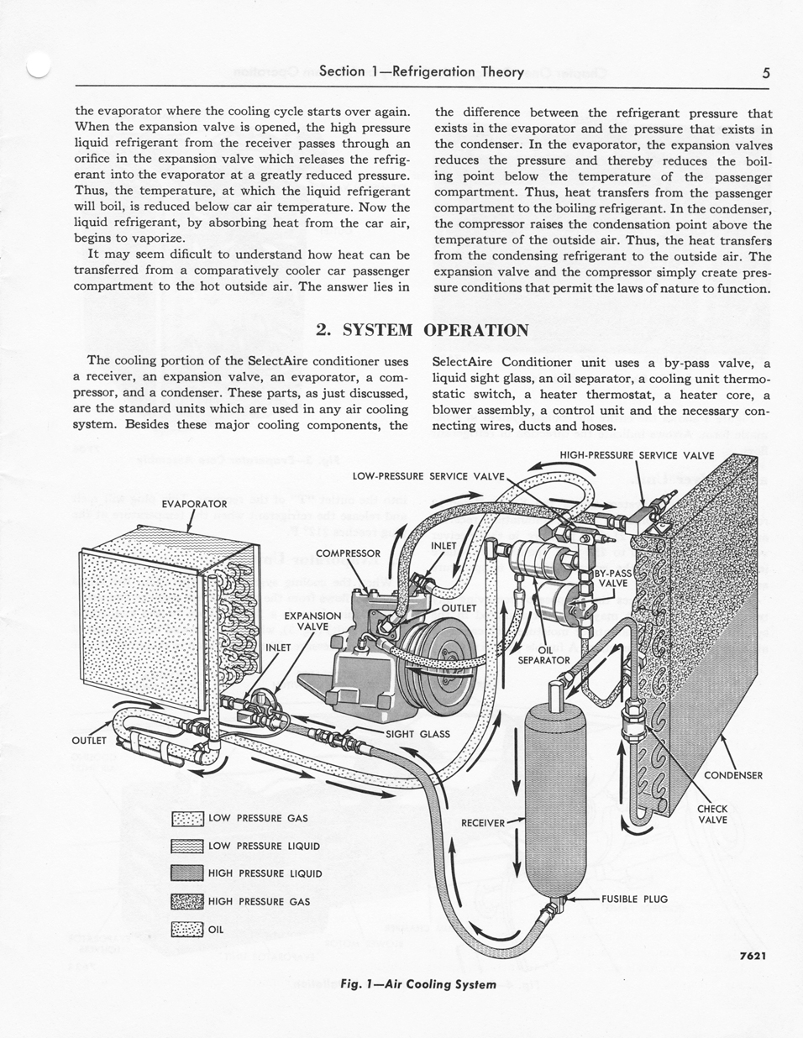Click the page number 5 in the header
(x=766, y=72)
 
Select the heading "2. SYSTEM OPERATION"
(x=422, y=329)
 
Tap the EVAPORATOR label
(x=194, y=504)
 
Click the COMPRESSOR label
(x=348, y=553)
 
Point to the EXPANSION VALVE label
(x=312, y=621)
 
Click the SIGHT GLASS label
(x=417, y=733)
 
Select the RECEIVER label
(x=483, y=822)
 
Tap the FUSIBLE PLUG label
(x=634, y=899)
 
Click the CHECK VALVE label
(x=712, y=814)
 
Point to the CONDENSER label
(x=732, y=775)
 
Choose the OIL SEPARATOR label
(x=543, y=654)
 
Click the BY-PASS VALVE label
(x=614, y=578)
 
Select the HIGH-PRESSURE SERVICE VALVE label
(x=637, y=456)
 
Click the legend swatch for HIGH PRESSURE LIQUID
(x=187, y=873)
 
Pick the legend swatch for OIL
(x=187, y=929)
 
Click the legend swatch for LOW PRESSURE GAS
(x=187, y=819)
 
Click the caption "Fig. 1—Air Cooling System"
(x=419, y=983)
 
